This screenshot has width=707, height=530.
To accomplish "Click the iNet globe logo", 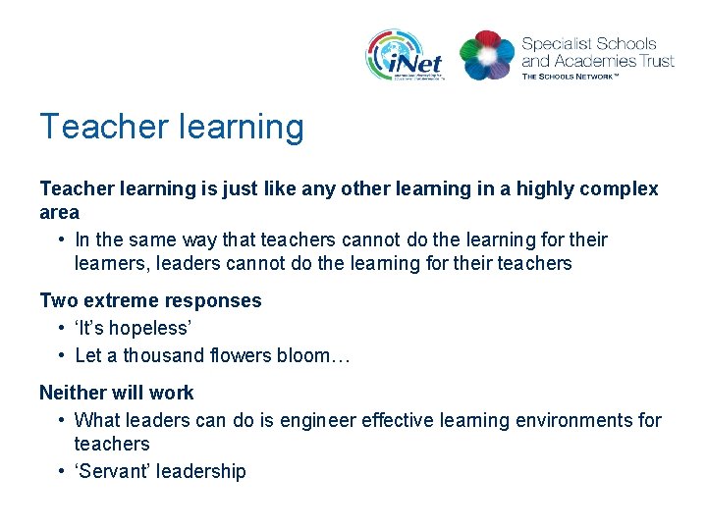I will click(x=405, y=55).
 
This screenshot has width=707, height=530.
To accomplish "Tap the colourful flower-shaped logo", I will click(x=487, y=54).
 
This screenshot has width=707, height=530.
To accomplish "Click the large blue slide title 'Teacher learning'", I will click(x=172, y=127).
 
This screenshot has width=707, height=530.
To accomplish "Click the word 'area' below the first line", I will click(x=59, y=212).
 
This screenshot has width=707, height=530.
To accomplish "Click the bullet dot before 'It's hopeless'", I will click(x=61, y=328).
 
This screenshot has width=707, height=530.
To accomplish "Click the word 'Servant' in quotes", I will click(x=113, y=471).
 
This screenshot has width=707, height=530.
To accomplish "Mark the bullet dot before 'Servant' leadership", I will click(x=61, y=471).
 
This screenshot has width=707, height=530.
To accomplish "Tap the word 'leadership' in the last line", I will click(x=198, y=471).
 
